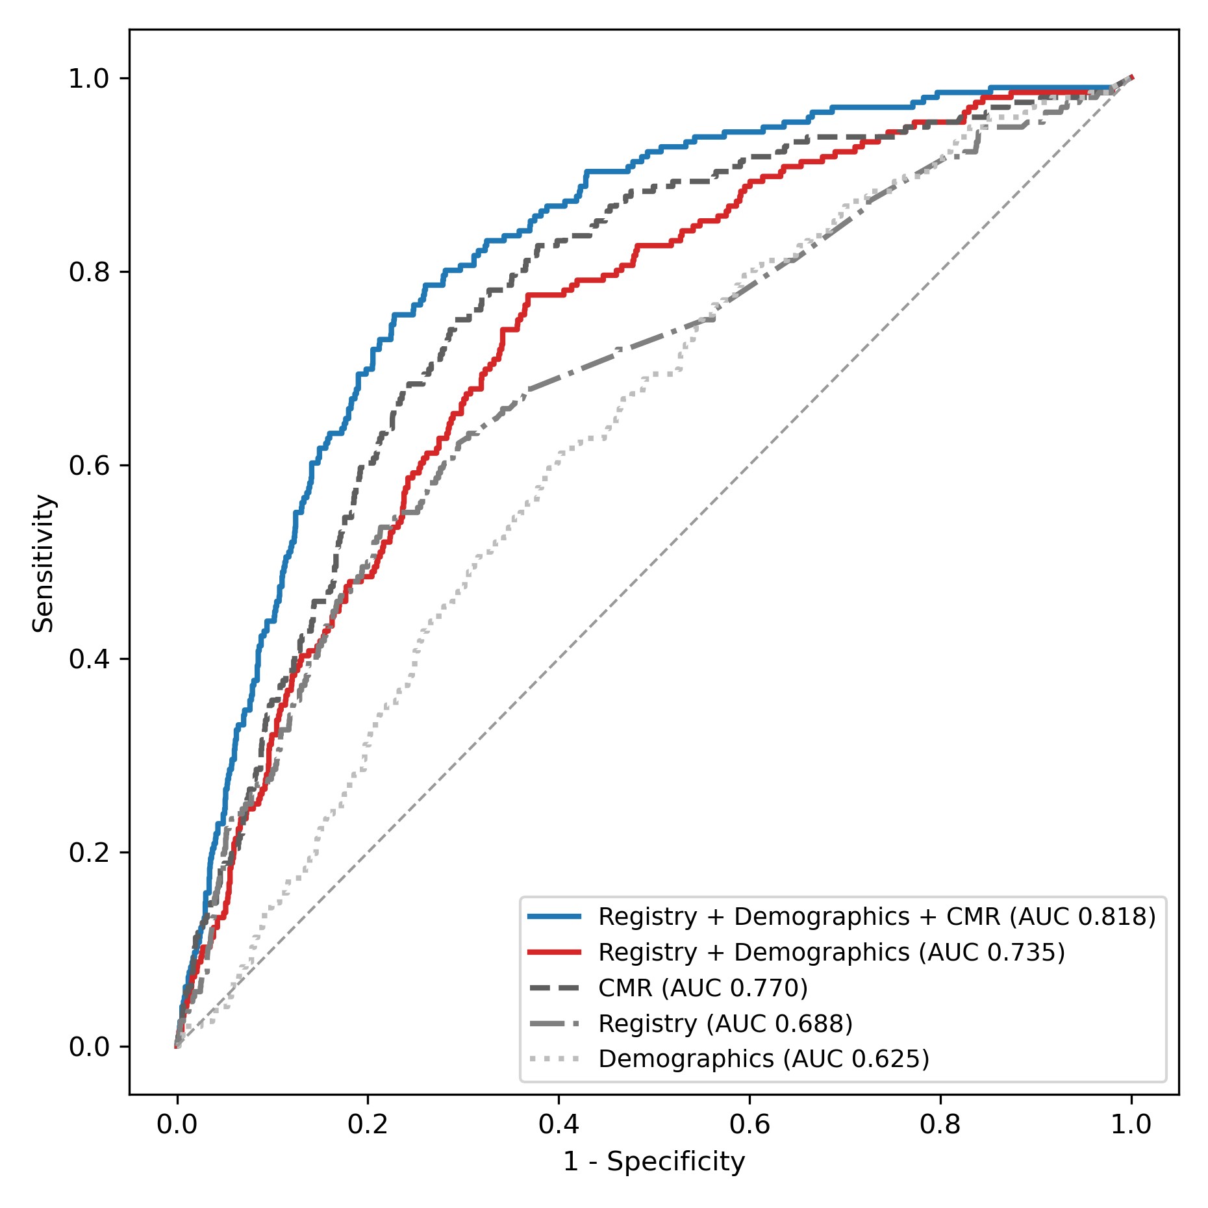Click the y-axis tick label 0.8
click(x=88, y=272)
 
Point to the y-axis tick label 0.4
click(x=88, y=659)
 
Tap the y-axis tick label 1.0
click(x=88, y=79)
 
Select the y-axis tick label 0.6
click(x=88, y=466)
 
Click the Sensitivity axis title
click(x=44, y=563)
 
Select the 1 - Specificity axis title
click(x=653, y=1162)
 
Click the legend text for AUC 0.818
click(x=877, y=916)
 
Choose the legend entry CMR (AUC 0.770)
click(x=703, y=988)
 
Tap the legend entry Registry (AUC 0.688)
click(x=725, y=1024)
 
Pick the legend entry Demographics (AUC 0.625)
click(x=763, y=1059)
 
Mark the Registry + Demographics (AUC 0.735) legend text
click(x=831, y=952)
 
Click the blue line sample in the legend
click(x=554, y=916)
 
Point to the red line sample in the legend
click(x=554, y=952)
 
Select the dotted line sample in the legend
click(x=554, y=1059)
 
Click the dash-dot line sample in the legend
click(x=554, y=1024)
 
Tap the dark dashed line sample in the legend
click(x=554, y=988)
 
